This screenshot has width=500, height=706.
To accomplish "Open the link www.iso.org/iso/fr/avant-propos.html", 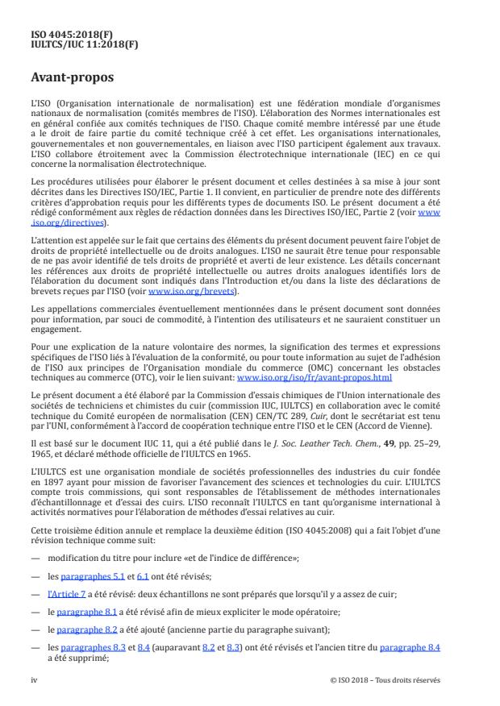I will pyautogui.click(x=315, y=377).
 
